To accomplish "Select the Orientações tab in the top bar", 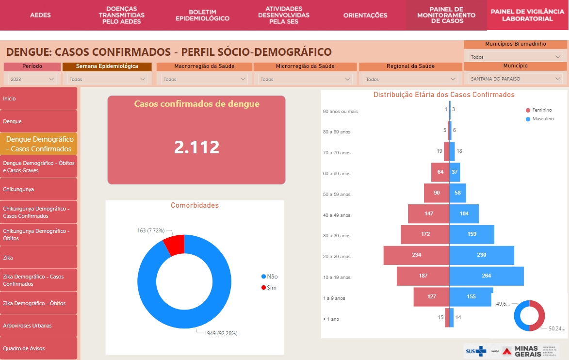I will coord(365,15).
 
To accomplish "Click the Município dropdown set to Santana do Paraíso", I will coord(515,78).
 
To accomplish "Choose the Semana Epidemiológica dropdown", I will coord(107,79).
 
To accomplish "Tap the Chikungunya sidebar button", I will coord(39,189).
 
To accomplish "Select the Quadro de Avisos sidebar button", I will coord(39,348).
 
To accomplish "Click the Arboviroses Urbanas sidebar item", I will coord(39,326).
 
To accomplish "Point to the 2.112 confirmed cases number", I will coord(196,147).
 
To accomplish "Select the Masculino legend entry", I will coord(539,119).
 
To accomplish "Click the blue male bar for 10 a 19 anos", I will coord(486,276).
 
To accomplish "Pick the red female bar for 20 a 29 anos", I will coord(416,255).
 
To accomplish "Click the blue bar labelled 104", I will coord(464,213).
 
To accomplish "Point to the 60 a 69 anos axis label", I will coord(337,173).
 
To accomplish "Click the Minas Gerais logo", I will coord(530,351).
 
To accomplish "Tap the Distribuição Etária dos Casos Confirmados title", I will coord(444,95).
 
